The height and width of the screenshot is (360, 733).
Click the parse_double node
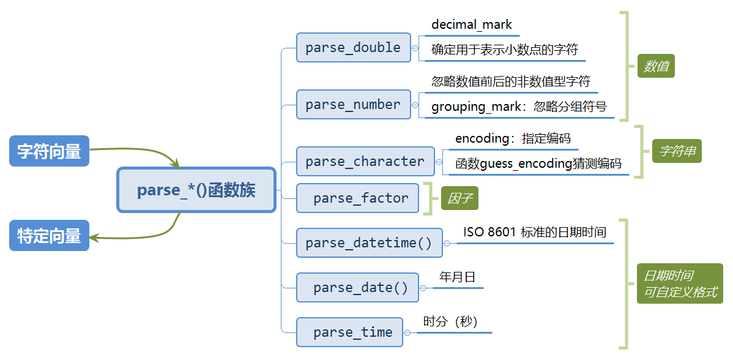tap(354, 47)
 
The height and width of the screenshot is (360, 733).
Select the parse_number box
tap(354, 104)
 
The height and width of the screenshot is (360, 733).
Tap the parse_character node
tap(365, 161)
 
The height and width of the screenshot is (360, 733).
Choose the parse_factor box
tap(357, 198)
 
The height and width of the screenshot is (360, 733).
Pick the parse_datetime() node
tap(370, 242)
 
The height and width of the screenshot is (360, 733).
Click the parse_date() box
tap(357, 287)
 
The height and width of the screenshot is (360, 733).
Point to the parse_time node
tap(349, 332)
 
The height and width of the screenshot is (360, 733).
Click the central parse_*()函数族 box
tap(196, 190)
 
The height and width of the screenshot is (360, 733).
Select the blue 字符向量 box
tap(49, 151)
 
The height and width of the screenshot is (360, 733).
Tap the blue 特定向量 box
tap(49, 235)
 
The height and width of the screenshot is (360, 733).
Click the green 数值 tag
tap(656, 66)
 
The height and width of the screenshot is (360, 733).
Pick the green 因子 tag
tap(460, 199)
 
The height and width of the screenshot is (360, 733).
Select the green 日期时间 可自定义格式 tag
tap(680, 283)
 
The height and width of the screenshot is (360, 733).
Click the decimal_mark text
tap(472, 24)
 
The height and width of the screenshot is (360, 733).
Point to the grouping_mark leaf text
tap(519, 107)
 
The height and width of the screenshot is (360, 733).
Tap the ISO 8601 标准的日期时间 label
tap(535, 232)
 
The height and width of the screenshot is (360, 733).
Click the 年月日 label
tap(457, 277)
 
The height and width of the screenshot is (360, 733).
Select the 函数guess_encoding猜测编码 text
tap(538, 163)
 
